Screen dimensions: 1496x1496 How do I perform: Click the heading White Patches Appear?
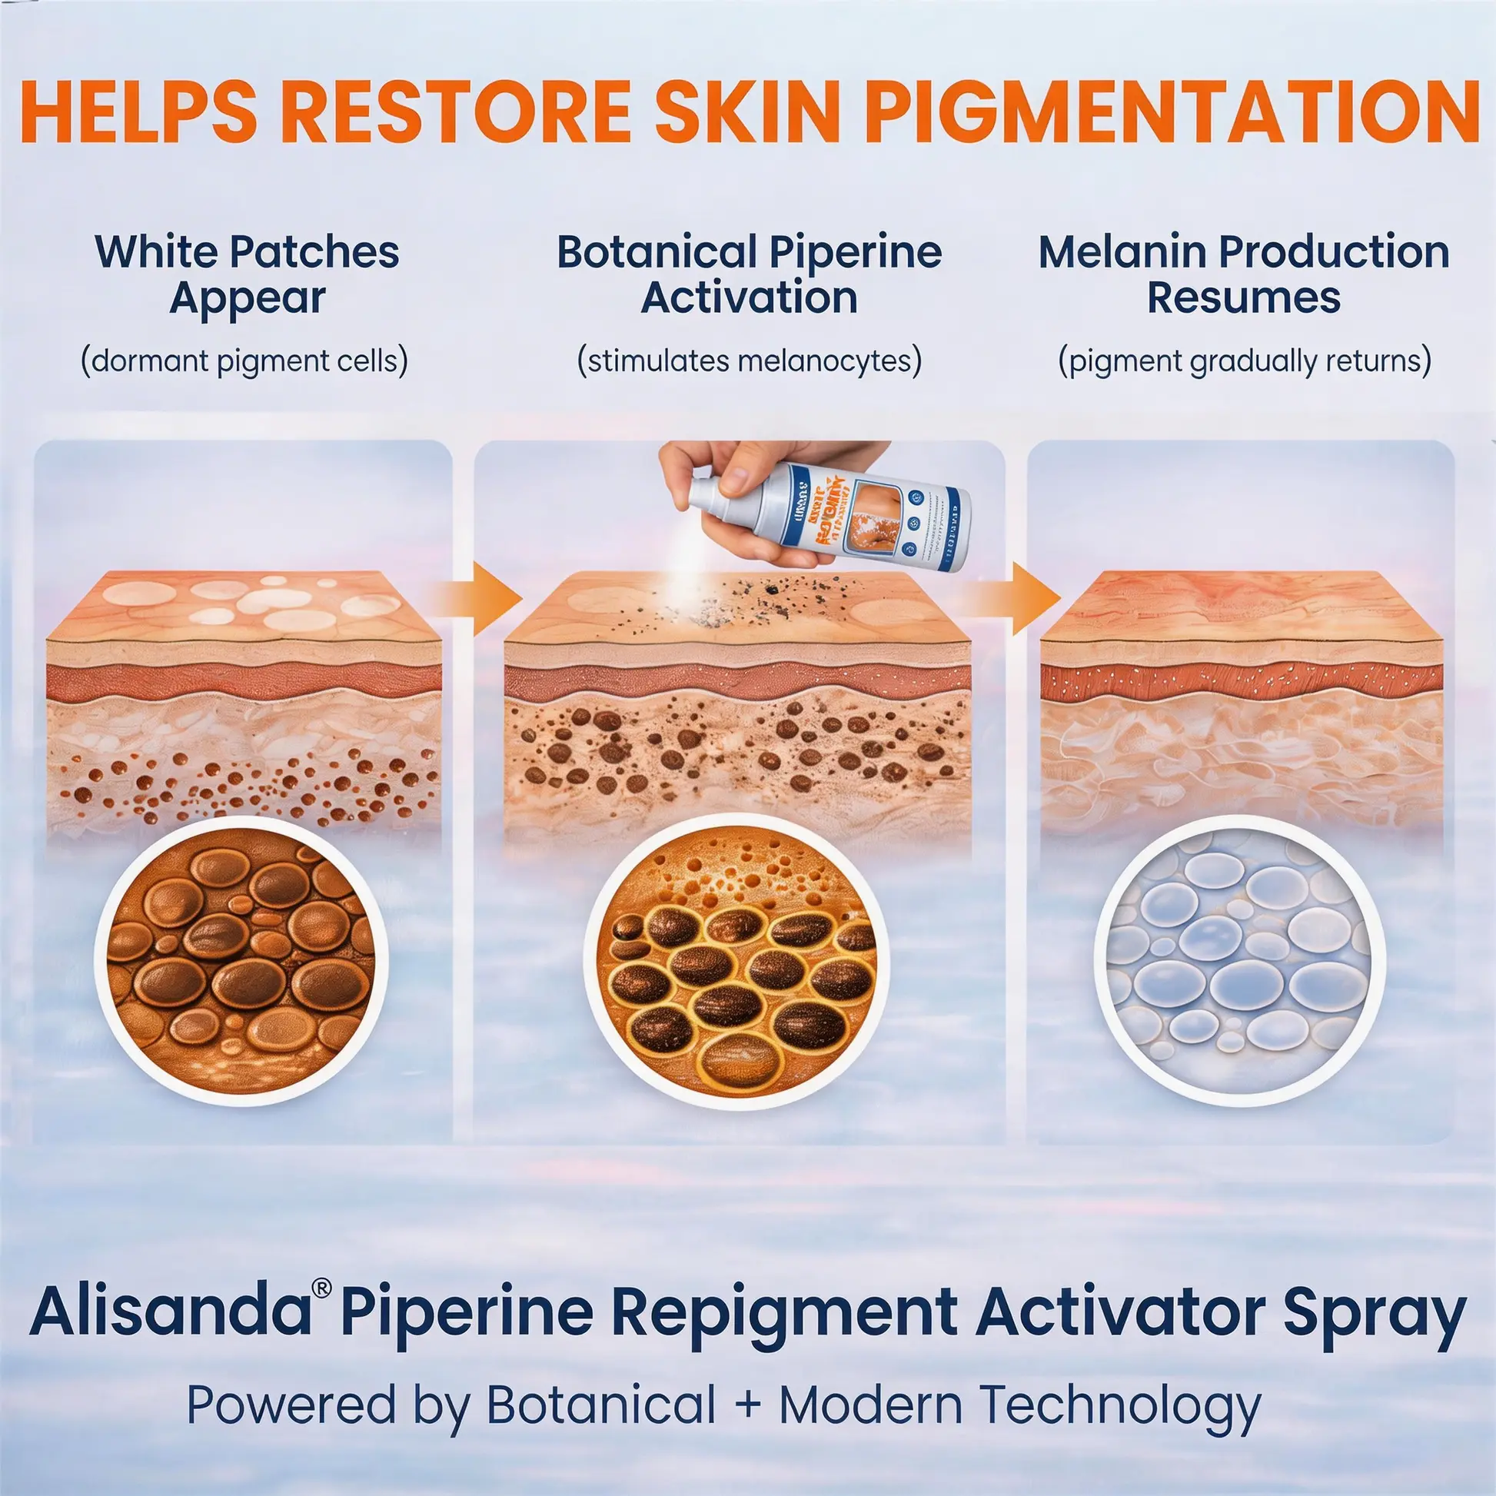[246, 274]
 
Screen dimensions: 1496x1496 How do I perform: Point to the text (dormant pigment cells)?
[244, 361]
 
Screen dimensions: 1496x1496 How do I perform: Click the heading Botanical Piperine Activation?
[749, 274]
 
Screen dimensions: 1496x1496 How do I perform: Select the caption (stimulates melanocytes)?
[749, 361]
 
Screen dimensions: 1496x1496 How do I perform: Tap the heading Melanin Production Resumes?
[1244, 274]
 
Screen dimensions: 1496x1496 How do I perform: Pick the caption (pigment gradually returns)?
[1245, 361]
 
